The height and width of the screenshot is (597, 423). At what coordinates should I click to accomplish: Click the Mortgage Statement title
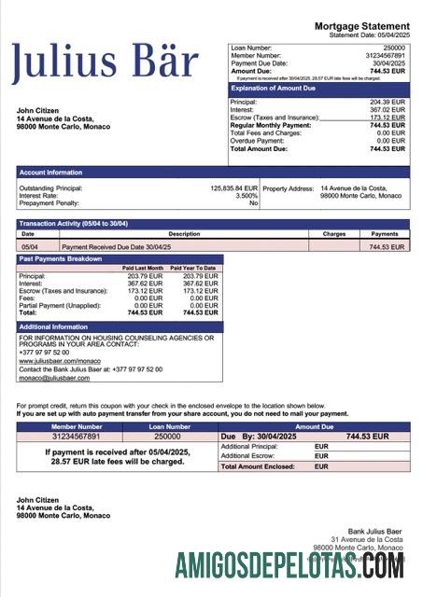coord(361,25)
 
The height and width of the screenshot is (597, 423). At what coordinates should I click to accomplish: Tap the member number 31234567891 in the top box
coord(385,55)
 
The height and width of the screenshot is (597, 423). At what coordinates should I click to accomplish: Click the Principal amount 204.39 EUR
coord(387,102)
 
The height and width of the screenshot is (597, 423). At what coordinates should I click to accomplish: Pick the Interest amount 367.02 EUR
coord(387,110)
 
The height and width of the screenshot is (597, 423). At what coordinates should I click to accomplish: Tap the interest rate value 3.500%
coord(246,196)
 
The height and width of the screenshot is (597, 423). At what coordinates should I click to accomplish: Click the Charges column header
coord(333,233)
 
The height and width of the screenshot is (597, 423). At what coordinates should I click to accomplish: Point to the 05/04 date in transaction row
coord(30,247)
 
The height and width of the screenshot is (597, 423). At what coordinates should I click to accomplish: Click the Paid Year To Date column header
coord(193,268)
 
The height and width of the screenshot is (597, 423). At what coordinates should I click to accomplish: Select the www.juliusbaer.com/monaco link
coord(59,360)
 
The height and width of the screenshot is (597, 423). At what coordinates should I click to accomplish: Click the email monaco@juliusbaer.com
coord(54,377)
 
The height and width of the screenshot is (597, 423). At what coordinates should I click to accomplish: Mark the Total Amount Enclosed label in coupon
coord(257,466)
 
